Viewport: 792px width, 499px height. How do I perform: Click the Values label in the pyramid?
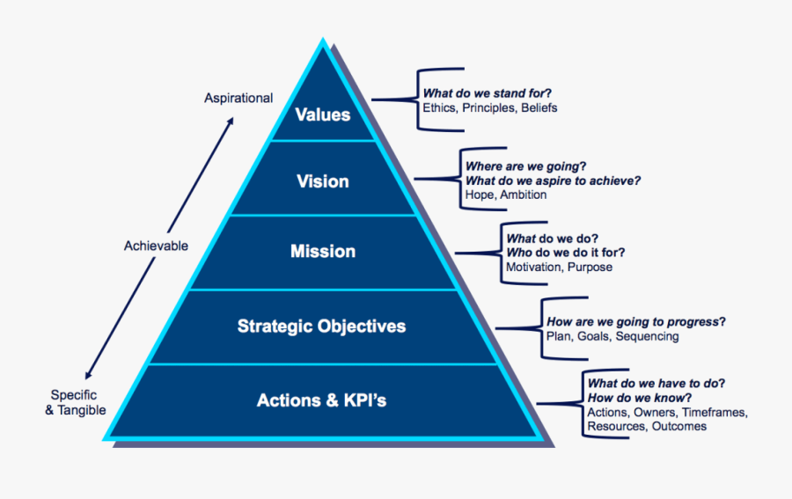click(x=322, y=114)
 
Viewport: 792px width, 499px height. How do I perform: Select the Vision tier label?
click(x=322, y=181)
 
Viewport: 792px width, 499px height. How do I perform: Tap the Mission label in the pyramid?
click(x=323, y=252)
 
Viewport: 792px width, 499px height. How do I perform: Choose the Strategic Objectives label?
click(x=321, y=327)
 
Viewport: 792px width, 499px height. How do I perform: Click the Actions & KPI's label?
click(x=321, y=401)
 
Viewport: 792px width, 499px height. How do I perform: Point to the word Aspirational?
click(x=238, y=99)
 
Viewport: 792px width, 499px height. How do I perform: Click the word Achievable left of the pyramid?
click(x=156, y=246)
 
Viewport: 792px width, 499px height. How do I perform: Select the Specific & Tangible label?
click(x=77, y=403)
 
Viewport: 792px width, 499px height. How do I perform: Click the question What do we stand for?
click(x=493, y=93)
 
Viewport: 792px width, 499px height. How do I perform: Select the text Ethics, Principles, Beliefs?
click(x=490, y=108)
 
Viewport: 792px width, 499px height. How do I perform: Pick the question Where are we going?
click(x=526, y=166)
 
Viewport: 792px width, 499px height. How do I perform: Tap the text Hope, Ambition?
click(x=506, y=194)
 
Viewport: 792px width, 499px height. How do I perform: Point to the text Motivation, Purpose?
click(x=559, y=267)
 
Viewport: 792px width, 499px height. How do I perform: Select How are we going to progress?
click(x=642, y=322)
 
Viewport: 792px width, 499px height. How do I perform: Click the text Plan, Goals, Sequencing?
click(x=612, y=336)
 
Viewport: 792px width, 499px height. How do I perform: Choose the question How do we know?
click(x=639, y=398)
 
